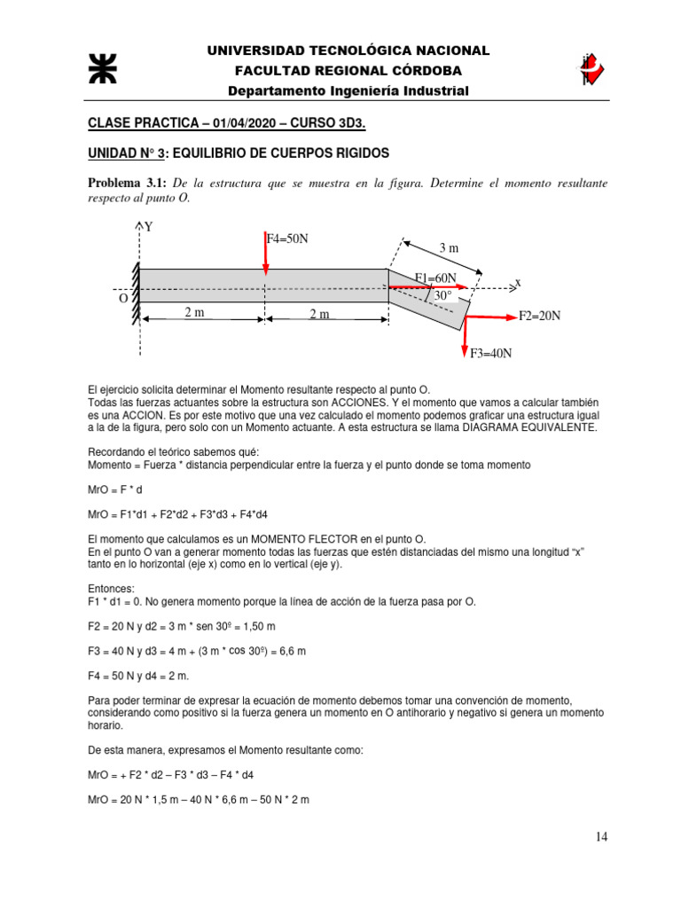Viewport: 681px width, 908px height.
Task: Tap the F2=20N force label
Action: coord(540,316)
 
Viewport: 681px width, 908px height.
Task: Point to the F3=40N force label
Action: coord(491,353)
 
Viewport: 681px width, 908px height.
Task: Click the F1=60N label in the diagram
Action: coord(435,278)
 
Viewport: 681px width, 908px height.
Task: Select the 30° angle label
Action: coord(443,295)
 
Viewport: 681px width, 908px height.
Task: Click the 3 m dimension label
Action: coord(450,248)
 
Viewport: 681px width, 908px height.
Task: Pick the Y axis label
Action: coord(149,227)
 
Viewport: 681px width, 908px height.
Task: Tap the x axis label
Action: coord(518,283)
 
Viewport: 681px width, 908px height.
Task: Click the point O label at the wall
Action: coord(123,299)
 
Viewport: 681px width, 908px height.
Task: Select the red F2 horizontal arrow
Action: coord(489,315)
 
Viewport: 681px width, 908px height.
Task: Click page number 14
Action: coord(602,836)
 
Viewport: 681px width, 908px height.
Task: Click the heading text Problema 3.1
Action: coord(126,183)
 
